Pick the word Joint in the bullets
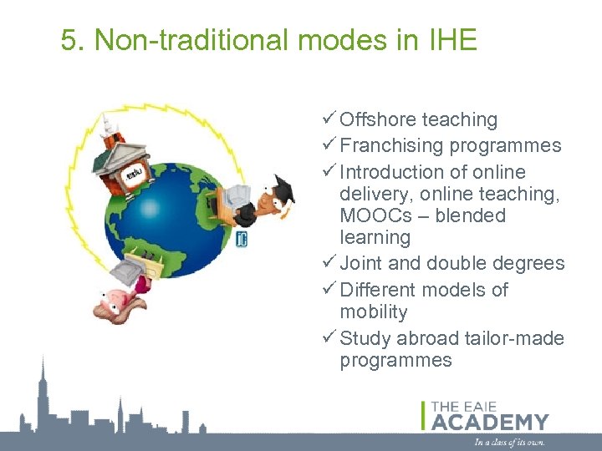[361, 264]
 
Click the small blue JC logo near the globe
[241, 241]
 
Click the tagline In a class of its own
[510, 442]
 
